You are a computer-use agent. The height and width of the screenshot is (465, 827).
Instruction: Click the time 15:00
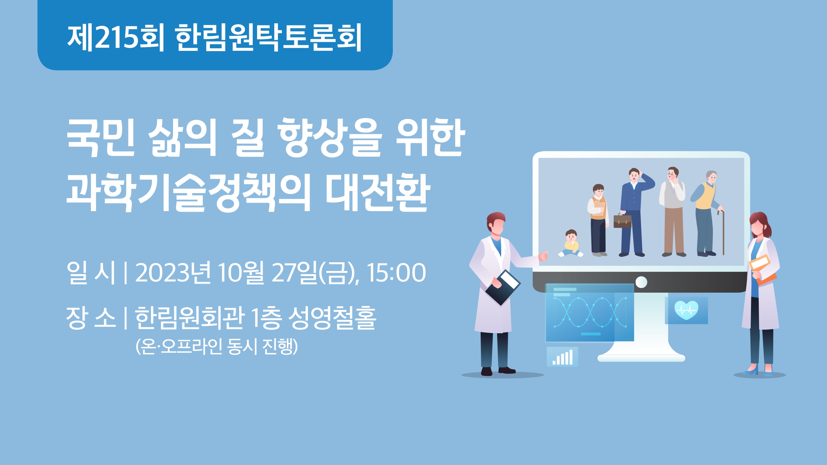tap(397, 273)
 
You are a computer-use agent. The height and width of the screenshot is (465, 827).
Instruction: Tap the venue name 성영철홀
tap(332, 318)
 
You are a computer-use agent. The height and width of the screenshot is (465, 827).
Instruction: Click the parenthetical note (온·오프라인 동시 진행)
tap(217, 347)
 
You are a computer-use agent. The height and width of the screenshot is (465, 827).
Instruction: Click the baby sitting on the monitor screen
tap(571, 243)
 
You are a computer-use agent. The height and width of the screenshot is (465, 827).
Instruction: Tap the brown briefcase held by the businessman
tap(622, 221)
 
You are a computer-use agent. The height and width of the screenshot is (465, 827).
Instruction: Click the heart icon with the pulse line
tap(686, 310)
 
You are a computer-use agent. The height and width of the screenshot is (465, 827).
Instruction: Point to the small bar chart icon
tap(562, 357)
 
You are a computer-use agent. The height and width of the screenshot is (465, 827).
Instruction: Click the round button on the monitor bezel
tap(641, 282)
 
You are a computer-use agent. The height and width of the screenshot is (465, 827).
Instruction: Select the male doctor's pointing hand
tap(543, 256)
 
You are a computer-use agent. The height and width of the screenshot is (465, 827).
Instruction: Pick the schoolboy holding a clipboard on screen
tap(598, 220)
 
